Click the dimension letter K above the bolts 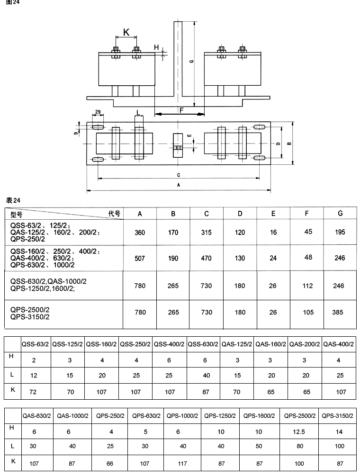tap(126, 32)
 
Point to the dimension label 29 tap(97, 112)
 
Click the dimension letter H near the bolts tap(156, 47)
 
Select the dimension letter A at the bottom tap(178, 185)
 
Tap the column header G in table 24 tap(340, 214)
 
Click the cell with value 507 tap(140, 258)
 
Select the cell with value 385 tap(340, 313)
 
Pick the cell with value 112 tap(307, 286)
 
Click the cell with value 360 tap(140, 233)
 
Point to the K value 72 tap(34, 392)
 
